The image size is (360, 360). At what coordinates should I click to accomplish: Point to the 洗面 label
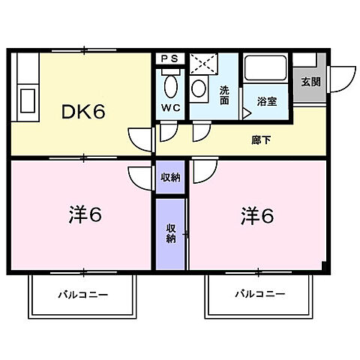[x=224, y=94]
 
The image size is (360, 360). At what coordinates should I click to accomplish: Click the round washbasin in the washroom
[x=199, y=88]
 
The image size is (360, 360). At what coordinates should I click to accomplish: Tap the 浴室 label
[x=265, y=101]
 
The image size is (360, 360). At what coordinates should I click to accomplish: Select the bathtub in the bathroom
[x=266, y=73]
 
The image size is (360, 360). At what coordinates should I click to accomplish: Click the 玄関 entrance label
[x=310, y=82]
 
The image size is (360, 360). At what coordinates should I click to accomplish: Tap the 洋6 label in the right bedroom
[x=256, y=216]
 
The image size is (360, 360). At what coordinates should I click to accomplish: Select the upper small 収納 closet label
[x=169, y=178]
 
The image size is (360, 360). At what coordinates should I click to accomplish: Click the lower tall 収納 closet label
[x=170, y=234]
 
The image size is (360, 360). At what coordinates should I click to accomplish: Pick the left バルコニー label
[x=82, y=294]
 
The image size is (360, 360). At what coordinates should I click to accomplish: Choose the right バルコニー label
[x=259, y=294]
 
